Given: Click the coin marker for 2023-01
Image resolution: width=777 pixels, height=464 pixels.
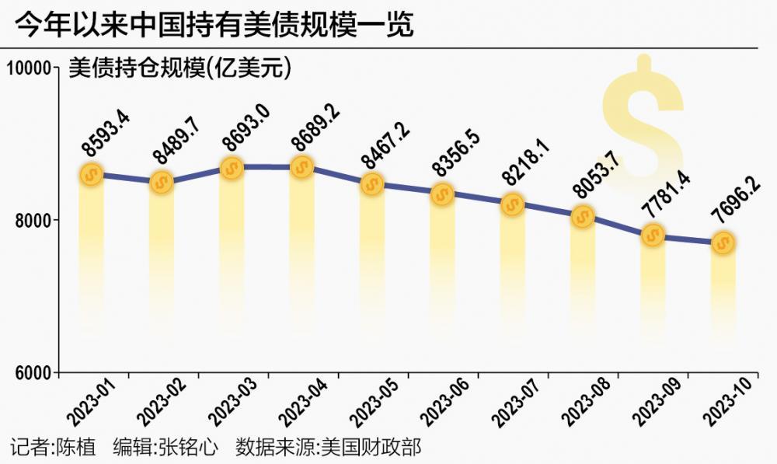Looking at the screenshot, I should [x=92, y=174].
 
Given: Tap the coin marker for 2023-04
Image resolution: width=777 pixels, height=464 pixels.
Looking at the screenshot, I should [x=302, y=167].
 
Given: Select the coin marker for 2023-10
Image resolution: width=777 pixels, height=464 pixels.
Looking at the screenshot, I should [x=723, y=243].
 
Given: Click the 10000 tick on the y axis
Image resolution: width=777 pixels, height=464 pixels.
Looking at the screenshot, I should [x=29, y=68].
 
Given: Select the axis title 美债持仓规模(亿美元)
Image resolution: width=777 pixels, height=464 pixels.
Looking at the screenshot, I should [x=179, y=68].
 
